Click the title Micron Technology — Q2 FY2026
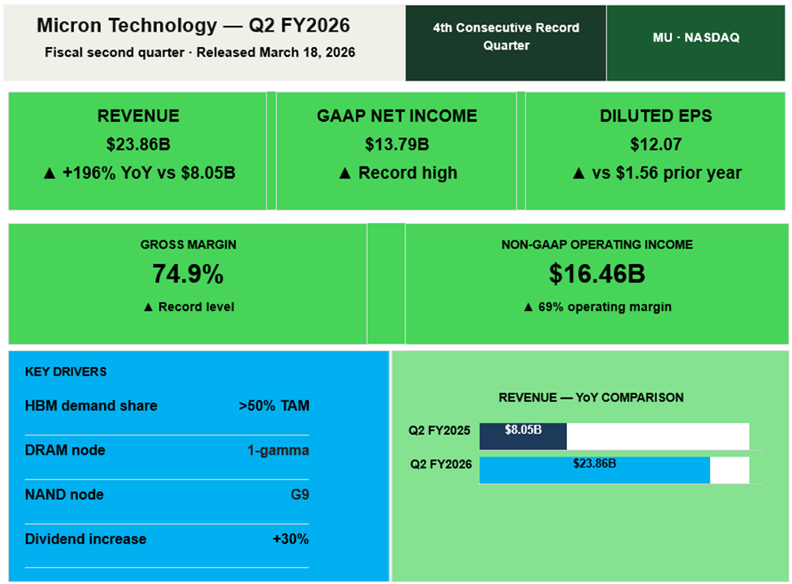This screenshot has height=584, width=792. tap(193, 25)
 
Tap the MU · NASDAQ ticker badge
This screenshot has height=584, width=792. tap(696, 37)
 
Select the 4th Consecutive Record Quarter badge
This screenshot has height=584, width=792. tap(506, 37)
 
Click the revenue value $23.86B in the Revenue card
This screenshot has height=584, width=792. tap(138, 145)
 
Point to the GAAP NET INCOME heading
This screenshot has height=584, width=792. tap(396, 116)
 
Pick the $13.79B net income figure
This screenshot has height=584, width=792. tap(396, 145)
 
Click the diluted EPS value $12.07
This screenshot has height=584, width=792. tap(656, 145)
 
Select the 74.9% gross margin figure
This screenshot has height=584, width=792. tap(188, 275)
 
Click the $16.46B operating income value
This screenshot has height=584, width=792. tap(597, 275)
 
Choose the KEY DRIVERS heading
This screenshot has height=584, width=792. tap(66, 372)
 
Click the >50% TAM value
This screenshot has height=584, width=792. tap(274, 406)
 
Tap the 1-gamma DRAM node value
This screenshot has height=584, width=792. tap(278, 450)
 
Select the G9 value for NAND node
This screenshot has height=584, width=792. tap(300, 495)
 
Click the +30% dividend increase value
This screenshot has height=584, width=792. tap(291, 539)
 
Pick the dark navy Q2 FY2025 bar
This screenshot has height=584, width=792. tap(523, 436)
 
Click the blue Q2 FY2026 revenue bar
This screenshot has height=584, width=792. tap(595, 470)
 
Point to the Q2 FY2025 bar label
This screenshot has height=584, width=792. tap(439, 430)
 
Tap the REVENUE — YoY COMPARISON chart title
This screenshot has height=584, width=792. tap(591, 397)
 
